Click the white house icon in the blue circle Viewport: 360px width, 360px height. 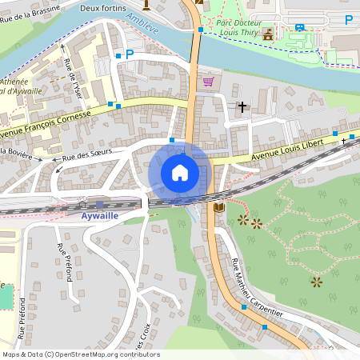coord(180,173)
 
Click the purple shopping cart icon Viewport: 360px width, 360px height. coord(208,82)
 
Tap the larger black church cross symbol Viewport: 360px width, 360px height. coord(242,106)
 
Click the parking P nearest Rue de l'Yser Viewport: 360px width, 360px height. coord(129,54)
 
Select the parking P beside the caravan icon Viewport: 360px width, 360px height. coord(348,19)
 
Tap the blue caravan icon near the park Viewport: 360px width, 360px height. coord(300,26)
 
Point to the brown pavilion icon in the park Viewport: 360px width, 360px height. coord(268,33)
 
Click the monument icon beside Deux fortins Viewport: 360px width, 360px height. coord(146,5)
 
